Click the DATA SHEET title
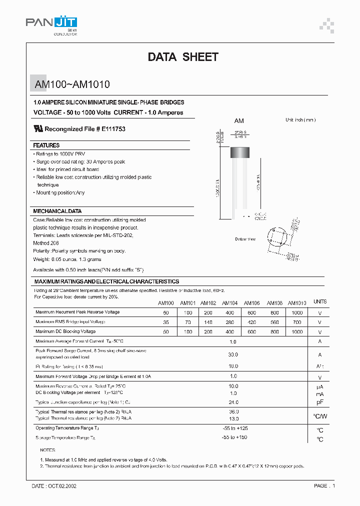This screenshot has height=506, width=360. (183, 57)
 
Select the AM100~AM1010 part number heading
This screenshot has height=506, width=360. (72, 85)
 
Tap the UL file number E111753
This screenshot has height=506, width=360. (113, 129)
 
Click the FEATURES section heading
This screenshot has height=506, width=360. (46, 145)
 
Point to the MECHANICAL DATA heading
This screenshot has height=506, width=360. (57, 211)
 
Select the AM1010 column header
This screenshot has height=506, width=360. (297, 303)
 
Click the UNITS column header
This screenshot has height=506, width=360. (319, 302)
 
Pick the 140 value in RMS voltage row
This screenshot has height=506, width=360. (208, 322)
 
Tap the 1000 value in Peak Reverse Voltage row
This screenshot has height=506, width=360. (297, 312)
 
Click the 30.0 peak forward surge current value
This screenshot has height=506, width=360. (233, 354)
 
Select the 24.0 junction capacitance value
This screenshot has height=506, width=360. (233, 402)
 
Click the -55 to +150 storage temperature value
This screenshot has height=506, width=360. (234, 437)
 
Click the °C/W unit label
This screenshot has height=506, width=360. (319, 416)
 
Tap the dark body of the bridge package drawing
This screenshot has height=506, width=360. (240, 152)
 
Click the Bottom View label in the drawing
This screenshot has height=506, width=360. (245, 239)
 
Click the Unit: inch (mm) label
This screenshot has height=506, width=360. (300, 120)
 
